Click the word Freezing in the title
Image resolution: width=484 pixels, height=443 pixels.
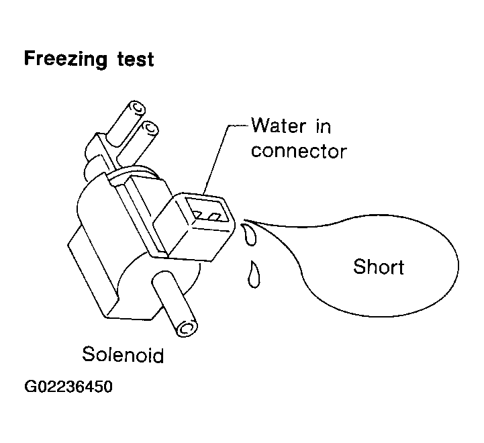pyautogui.click(x=66, y=59)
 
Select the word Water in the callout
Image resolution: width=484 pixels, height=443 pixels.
pyautogui.click(x=278, y=126)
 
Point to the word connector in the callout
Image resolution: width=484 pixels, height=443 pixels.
pyautogui.click(x=299, y=151)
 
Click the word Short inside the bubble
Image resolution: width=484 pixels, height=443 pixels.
pyautogui.click(x=379, y=266)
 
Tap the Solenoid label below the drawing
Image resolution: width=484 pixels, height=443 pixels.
pyautogui.click(x=123, y=354)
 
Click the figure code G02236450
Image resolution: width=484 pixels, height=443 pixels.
pyautogui.click(x=68, y=387)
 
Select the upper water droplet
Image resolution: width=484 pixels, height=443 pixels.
pyautogui.click(x=250, y=235)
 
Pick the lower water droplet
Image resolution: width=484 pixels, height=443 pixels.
pyautogui.click(x=254, y=275)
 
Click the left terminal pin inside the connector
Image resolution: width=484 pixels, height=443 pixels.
pyautogui.click(x=197, y=215)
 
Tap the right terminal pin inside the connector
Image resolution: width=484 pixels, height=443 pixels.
pyautogui.click(x=214, y=217)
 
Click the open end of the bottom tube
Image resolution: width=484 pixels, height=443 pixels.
pyautogui.click(x=187, y=328)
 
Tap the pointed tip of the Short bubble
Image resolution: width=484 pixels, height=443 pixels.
pyautogui.click(x=245, y=220)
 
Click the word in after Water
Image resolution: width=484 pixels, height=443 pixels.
pyautogui.click(x=323, y=126)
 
